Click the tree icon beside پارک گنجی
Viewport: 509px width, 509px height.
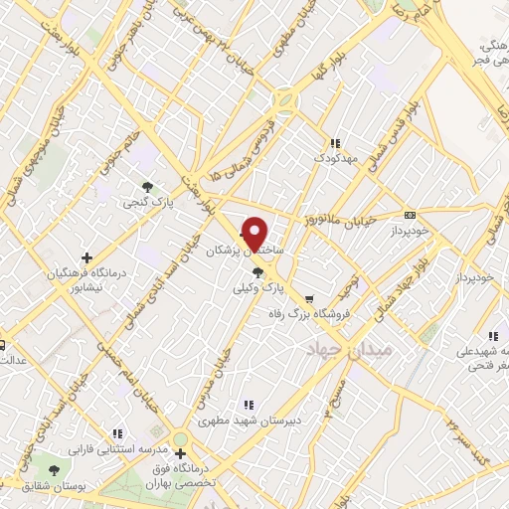point(148,186)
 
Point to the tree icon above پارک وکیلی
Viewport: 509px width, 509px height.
point(258,269)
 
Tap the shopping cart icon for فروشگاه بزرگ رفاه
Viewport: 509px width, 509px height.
point(308,298)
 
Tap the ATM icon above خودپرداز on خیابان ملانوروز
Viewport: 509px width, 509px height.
point(410,215)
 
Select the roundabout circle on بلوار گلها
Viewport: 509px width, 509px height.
point(286,101)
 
